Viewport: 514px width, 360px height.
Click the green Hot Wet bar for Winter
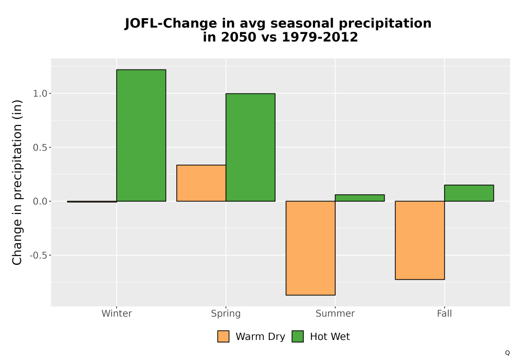click(141, 135)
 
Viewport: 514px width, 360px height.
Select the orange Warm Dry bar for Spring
click(201, 183)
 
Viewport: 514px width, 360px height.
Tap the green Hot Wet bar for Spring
click(250, 147)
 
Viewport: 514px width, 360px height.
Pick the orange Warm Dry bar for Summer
click(310, 248)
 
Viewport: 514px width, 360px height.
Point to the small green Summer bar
click(360, 198)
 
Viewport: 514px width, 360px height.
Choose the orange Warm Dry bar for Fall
click(420, 240)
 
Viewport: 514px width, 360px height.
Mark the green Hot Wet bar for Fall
click(469, 193)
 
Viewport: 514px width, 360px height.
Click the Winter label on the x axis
click(117, 313)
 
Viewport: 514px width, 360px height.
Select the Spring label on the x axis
click(226, 314)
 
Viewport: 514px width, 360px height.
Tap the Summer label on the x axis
click(335, 313)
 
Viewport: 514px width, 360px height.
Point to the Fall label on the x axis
click(445, 313)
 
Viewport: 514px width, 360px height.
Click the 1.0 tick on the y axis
click(40, 94)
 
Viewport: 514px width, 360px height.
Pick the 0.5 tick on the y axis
click(40, 148)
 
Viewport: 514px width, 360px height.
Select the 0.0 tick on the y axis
click(40, 201)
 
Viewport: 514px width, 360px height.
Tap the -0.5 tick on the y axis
click(39, 255)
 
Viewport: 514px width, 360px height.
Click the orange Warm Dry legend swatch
click(223, 336)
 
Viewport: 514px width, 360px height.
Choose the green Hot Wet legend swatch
click(298, 336)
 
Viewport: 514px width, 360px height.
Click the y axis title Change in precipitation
click(17, 182)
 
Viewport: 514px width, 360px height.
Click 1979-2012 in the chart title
click(320, 37)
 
